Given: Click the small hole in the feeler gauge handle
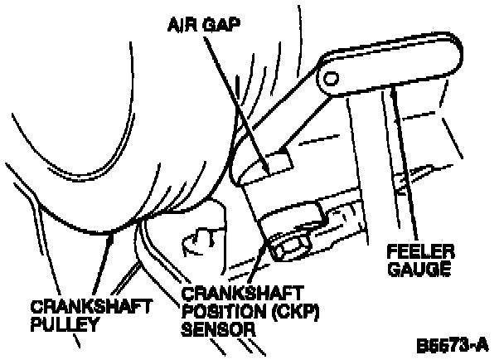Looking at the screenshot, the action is point(331,78).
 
